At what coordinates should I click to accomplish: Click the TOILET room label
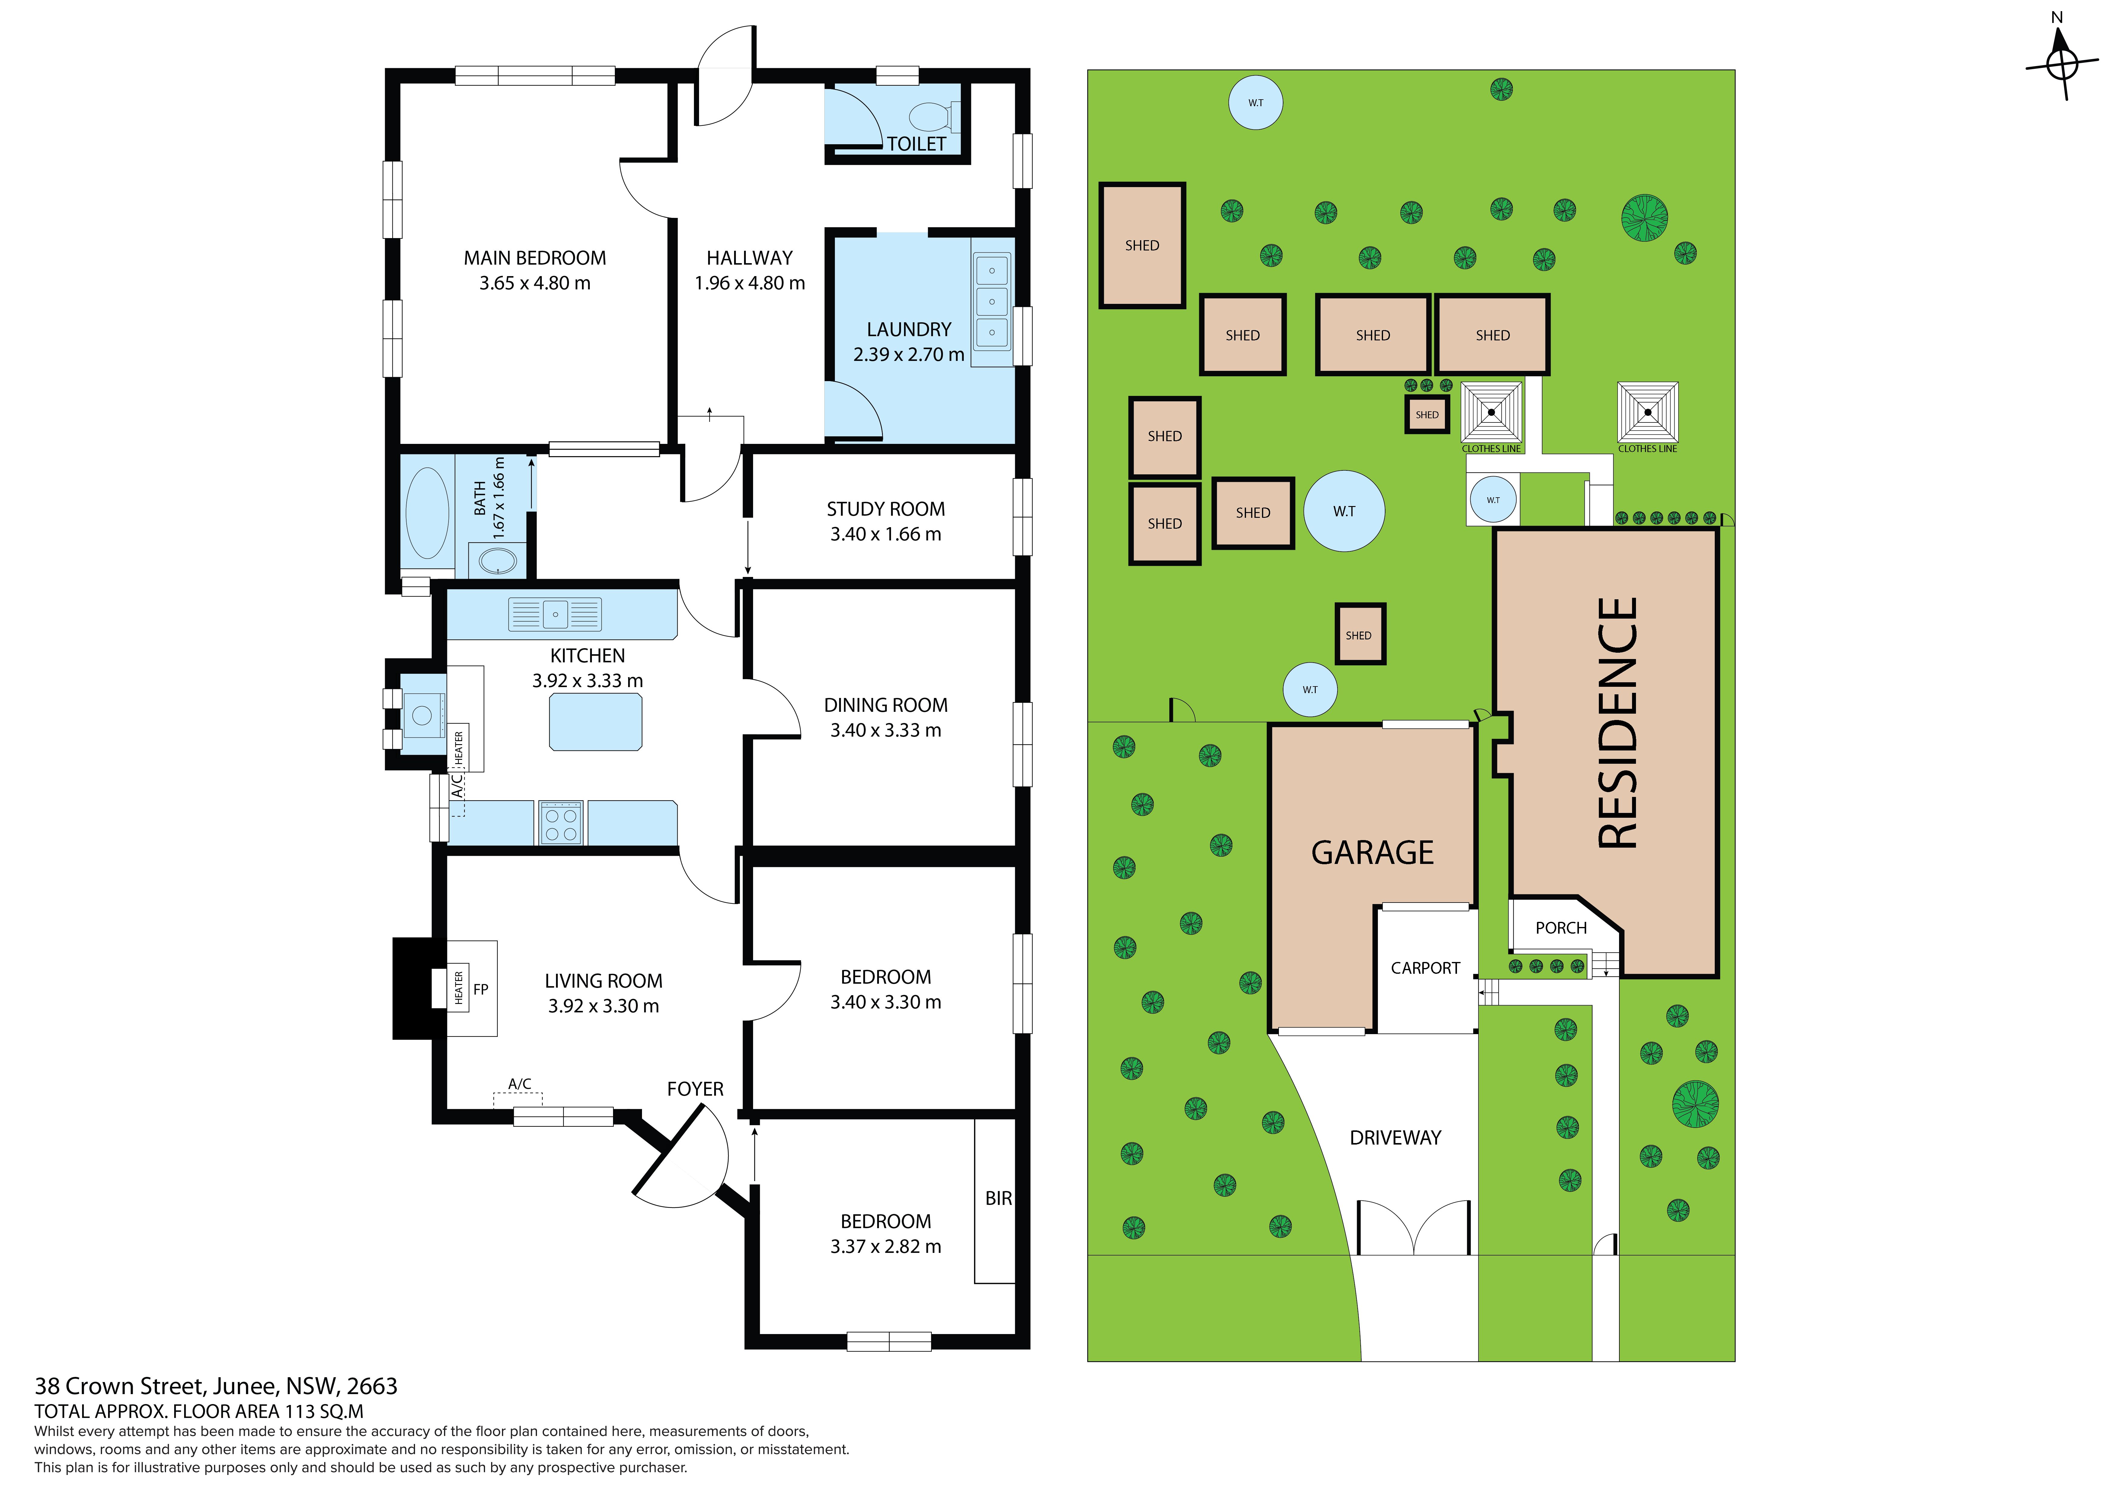click(916, 144)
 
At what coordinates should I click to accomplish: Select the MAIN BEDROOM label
click(535, 258)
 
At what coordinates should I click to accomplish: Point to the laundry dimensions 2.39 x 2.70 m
click(909, 354)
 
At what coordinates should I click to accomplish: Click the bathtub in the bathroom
click(427, 513)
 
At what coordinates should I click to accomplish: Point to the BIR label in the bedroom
click(998, 1198)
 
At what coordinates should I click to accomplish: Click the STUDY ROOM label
click(886, 509)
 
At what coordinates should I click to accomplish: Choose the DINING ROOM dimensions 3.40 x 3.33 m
click(886, 731)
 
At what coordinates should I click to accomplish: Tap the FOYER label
click(695, 1089)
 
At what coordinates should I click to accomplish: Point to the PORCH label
click(1561, 928)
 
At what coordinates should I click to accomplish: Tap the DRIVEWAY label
click(1395, 1138)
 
